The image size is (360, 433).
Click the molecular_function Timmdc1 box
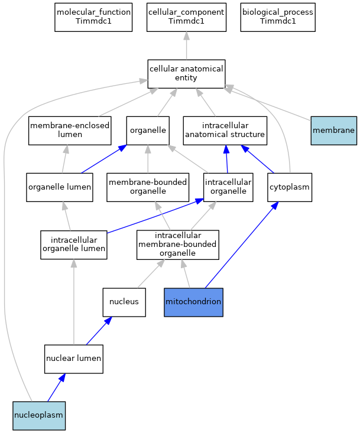93,17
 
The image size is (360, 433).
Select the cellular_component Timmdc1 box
186,17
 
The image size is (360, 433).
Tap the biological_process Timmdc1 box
278,17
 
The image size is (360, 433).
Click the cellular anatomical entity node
186,74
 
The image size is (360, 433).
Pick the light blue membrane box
334,131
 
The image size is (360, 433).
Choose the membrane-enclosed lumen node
70,131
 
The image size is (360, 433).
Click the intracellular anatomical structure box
225,131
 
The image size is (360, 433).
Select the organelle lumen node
60,187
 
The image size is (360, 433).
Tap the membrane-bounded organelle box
148,187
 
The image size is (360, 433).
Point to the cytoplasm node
290,187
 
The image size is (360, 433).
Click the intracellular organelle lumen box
74,245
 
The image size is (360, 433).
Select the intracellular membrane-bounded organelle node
178,245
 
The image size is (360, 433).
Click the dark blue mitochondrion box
193,302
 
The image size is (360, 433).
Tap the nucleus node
124,302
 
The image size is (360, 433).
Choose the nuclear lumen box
74,359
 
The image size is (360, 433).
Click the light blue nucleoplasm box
39,416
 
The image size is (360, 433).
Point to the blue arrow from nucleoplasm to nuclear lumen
57,388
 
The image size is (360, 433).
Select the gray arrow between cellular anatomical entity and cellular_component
186,45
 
